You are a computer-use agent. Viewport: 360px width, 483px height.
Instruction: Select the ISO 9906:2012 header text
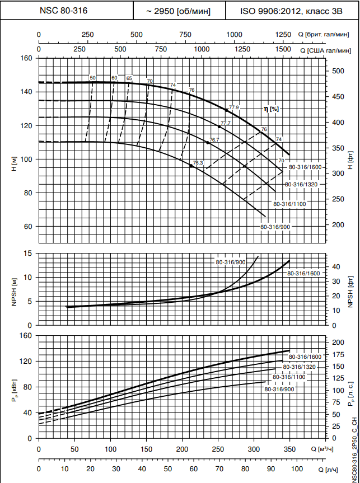pyautogui.click(x=286, y=11)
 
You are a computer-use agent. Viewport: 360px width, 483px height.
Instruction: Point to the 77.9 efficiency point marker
pyautogui.click(x=227, y=110)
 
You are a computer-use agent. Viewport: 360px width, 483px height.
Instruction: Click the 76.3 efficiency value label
pyautogui.click(x=198, y=162)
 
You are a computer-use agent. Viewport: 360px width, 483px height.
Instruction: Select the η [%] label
pyautogui.click(x=271, y=109)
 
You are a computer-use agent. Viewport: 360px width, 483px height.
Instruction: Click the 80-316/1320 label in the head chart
pyautogui.click(x=301, y=184)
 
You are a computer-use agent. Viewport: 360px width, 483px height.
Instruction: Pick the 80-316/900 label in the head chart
pyautogui.click(x=275, y=227)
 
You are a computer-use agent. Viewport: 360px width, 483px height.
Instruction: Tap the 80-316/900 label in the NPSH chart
pyautogui.click(x=230, y=262)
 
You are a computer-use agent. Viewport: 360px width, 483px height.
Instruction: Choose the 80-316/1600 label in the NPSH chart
pyautogui.click(x=303, y=273)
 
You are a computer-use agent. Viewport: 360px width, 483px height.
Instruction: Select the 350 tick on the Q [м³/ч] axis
pyautogui.click(x=289, y=449)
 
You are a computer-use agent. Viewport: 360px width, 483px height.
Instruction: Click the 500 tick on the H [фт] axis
pyautogui.click(x=337, y=71)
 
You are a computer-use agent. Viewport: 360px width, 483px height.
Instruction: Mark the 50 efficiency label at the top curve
pyautogui.click(x=93, y=78)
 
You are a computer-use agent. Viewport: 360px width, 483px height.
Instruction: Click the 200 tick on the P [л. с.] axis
pyautogui.click(x=337, y=341)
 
